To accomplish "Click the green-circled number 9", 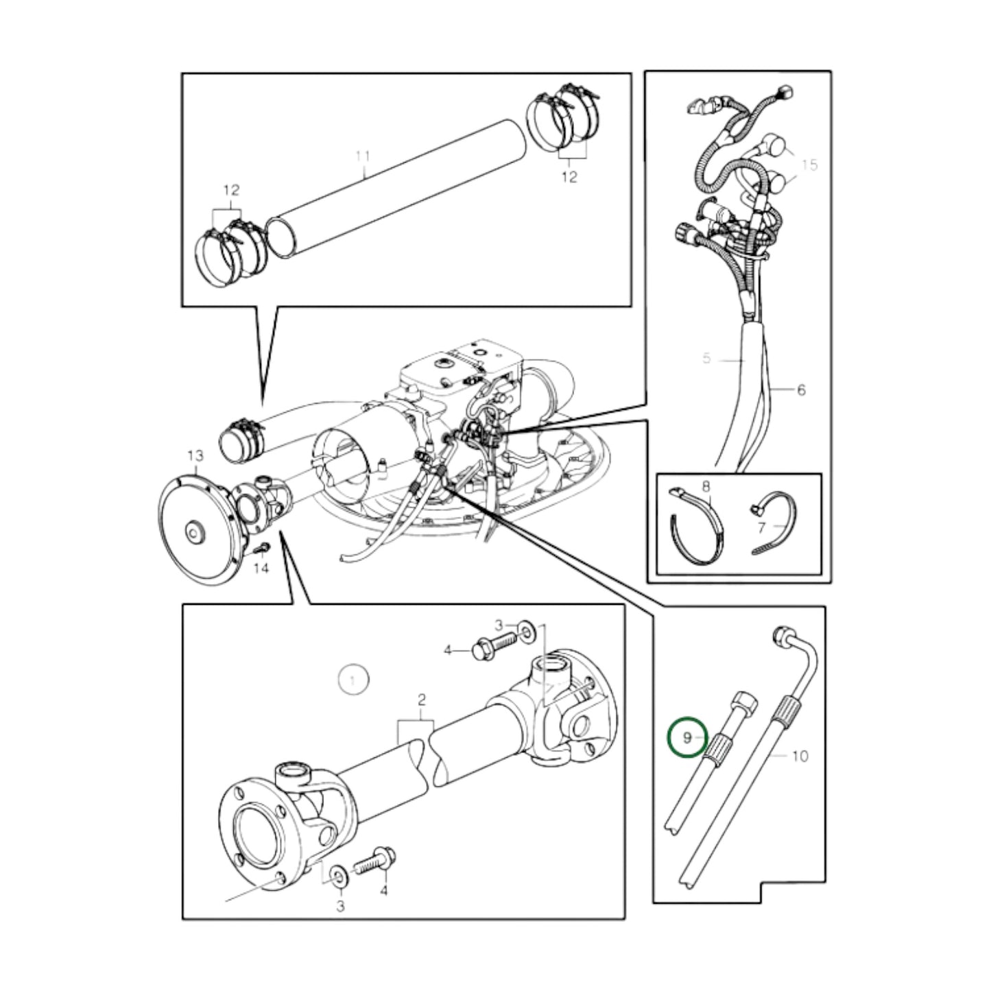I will (687, 737).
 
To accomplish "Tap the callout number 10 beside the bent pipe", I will (800, 756).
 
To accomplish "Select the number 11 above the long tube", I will (363, 156).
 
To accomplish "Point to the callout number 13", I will (195, 455).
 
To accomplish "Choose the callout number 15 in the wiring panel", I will (809, 165).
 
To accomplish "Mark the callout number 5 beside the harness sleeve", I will (707, 358).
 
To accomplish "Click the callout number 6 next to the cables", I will (800, 390).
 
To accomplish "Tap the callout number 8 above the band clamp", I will (707, 486).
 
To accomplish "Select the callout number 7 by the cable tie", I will (761, 527).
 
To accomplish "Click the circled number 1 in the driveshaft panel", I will (353, 680).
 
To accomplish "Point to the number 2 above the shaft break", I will (421, 700).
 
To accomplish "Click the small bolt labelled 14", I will (263, 548).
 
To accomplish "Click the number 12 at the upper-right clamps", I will (569, 177).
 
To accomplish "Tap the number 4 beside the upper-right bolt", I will (448, 649).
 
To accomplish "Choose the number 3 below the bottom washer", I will (340, 906).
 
